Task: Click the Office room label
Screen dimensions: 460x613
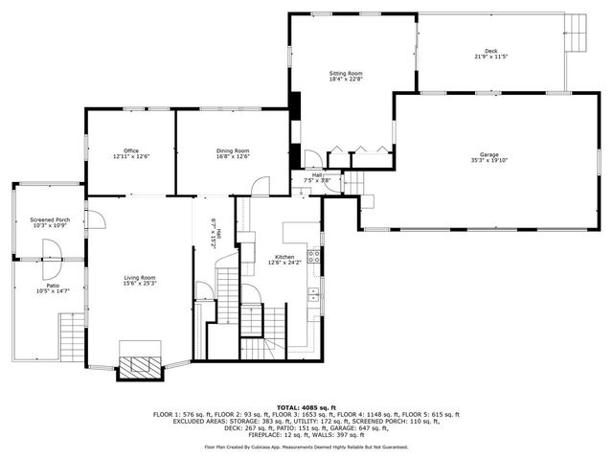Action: click(x=131, y=150)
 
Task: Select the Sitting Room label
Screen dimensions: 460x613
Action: click(x=348, y=73)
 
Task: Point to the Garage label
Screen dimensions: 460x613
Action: click(x=489, y=154)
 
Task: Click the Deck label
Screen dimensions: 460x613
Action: click(x=490, y=52)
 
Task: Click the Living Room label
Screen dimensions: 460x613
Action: click(x=140, y=278)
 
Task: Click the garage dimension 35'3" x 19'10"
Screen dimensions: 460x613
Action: click(x=489, y=161)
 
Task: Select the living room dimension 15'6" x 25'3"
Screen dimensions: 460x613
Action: click(x=140, y=285)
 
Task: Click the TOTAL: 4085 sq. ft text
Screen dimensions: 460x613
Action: click(x=306, y=407)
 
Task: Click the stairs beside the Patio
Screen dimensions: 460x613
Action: click(x=71, y=336)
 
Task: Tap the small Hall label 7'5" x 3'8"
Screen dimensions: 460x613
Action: click(x=317, y=177)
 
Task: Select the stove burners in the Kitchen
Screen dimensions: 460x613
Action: click(x=313, y=257)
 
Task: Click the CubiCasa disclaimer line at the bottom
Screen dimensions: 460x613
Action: click(x=306, y=447)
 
